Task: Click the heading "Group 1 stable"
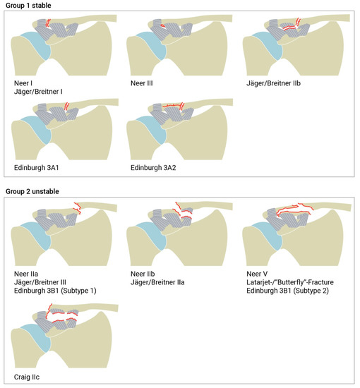[28, 6]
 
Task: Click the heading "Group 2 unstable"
[32, 191]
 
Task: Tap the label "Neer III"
[142, 83]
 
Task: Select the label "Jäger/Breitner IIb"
[273, 83]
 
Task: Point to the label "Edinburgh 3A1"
[37, 168]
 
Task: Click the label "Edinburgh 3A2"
[153, 168]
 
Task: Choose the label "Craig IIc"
[27, 377]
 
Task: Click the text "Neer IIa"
[26, 274]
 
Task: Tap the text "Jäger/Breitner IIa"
[157, 282]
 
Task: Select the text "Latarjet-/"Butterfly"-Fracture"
[290, 282]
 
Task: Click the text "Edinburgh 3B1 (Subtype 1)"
[55, 291]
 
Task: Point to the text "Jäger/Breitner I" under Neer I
[38, 92]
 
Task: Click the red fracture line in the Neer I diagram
[48, 23]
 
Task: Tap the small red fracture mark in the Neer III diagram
[162, 25]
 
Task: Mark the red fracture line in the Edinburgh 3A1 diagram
[66, 106]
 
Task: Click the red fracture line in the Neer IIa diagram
[78, 208]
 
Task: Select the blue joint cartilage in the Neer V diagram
[268, 235]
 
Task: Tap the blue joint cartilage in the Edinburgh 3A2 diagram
[152, 129]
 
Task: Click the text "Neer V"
[257, 274]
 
